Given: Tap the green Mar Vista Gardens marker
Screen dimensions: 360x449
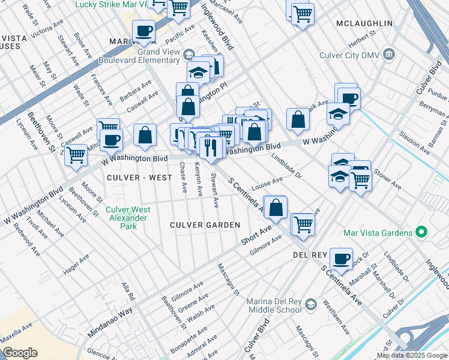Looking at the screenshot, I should click(x=421, y=232).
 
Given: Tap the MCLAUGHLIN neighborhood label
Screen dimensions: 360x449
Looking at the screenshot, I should click(x=364, y=23).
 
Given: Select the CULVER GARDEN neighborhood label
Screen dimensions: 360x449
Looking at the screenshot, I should click(x=205, y=225).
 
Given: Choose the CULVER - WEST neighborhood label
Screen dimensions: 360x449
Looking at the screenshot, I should click(x=136, y=178).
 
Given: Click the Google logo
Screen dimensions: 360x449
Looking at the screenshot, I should click(x=20, y=353).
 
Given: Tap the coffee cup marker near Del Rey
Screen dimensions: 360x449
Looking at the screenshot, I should click(x=341, y=259).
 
